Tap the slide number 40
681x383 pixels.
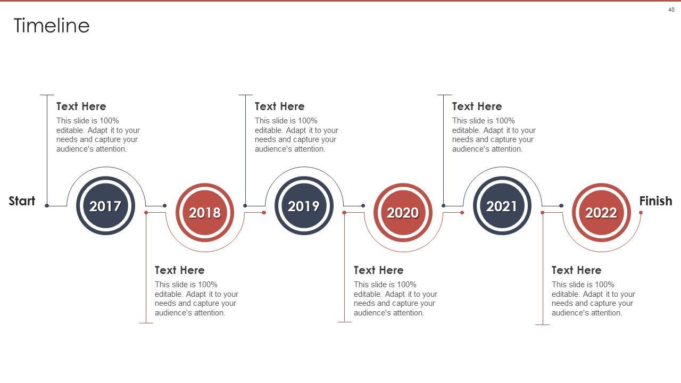click(671, 10)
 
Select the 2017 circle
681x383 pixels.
click(105, 206)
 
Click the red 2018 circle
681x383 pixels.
click(205, 212)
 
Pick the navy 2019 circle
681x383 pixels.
click(304, 206)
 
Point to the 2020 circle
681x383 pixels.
click(403, 212)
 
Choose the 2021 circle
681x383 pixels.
click(502, 206)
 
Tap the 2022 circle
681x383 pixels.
click(601, 212)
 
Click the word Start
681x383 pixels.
click(22, 201)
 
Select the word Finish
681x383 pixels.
click(656, 201)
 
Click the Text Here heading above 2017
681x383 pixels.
click(81, 106)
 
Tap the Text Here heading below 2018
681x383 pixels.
click(180, 270)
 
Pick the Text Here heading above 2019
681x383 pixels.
click(280, 106)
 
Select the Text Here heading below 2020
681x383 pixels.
click(378, 270)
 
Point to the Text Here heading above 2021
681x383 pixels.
click(477, 106)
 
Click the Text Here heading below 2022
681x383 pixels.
click(577, 270)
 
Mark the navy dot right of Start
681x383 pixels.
click(47, 206)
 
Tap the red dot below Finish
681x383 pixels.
click(641, 213)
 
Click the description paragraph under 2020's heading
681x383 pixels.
click(395, 298)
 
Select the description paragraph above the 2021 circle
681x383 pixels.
click(494, 135)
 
